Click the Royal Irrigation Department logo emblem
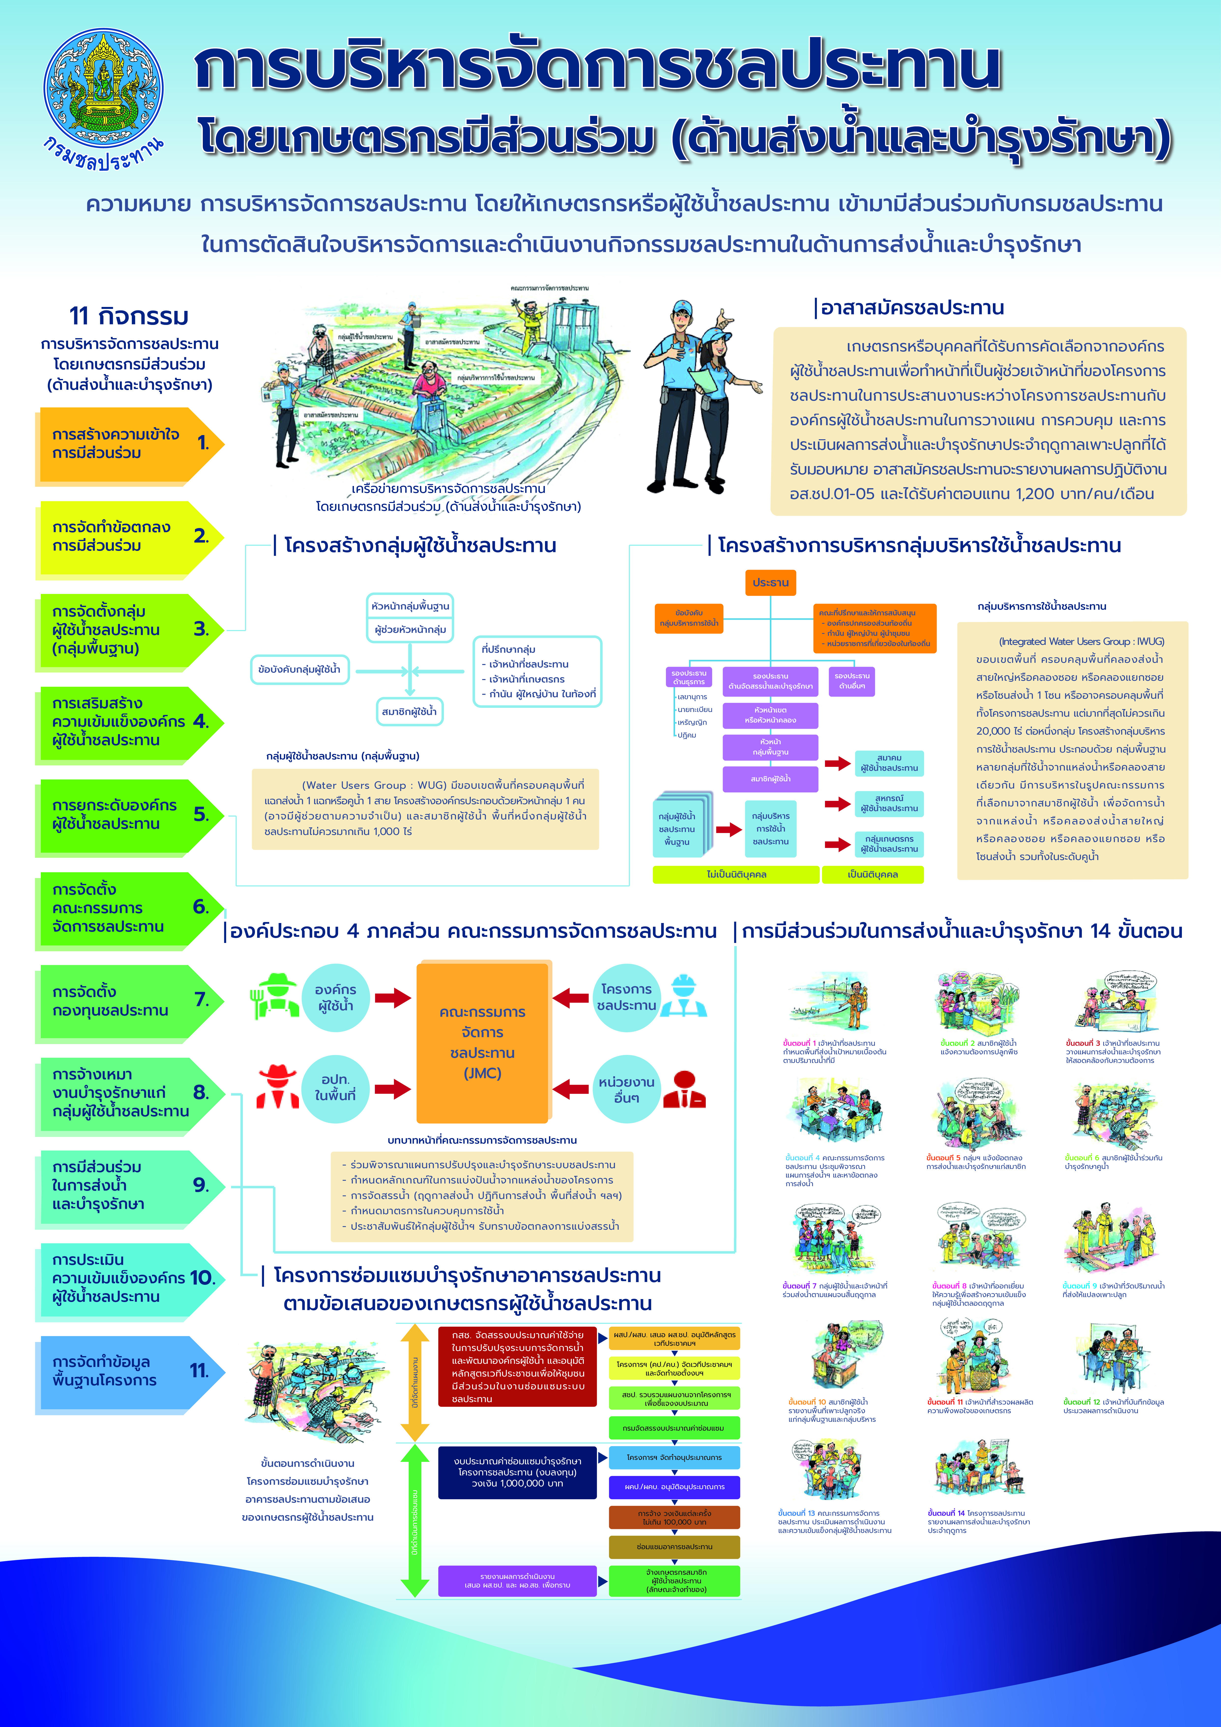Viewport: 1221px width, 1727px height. click(x=103, y=89)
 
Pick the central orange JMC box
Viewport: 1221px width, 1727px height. click(x=483, y=1043)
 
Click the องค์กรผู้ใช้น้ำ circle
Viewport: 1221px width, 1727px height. click(x=335, y=998)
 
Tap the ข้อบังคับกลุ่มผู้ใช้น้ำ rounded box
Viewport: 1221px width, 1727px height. click(x=299, y=669)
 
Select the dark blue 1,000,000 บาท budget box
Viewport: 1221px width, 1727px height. click(x=517, y=1472)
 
